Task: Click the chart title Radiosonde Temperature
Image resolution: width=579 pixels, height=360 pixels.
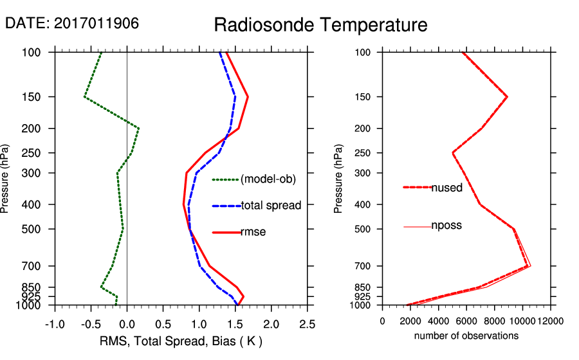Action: click(x=320, y=25)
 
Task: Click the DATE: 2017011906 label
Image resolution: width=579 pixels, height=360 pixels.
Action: click(x=72, y=23)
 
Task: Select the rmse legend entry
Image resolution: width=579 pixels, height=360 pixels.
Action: click(x=253, y=232)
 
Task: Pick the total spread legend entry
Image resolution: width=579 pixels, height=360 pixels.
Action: click(x=271, y=206)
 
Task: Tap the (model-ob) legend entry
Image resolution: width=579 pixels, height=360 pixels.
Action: click(x=268, y=179)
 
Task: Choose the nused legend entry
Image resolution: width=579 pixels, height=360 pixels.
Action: click(x=446, y=187)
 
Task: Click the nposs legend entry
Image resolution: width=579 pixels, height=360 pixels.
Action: click(x=446, y=226)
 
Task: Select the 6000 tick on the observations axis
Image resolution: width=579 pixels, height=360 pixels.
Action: click(x=466, y=321)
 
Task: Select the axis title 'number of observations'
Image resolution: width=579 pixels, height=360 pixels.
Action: click(x=466, y=336)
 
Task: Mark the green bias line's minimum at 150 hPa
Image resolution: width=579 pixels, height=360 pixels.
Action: click(x=84, y=97)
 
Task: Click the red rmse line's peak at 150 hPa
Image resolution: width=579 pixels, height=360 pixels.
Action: click(x=248, y=97)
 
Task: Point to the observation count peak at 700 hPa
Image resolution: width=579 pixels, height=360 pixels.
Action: click(x=529, y=265)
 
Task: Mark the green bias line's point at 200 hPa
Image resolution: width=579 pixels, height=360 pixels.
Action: click(x=138, y=129)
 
